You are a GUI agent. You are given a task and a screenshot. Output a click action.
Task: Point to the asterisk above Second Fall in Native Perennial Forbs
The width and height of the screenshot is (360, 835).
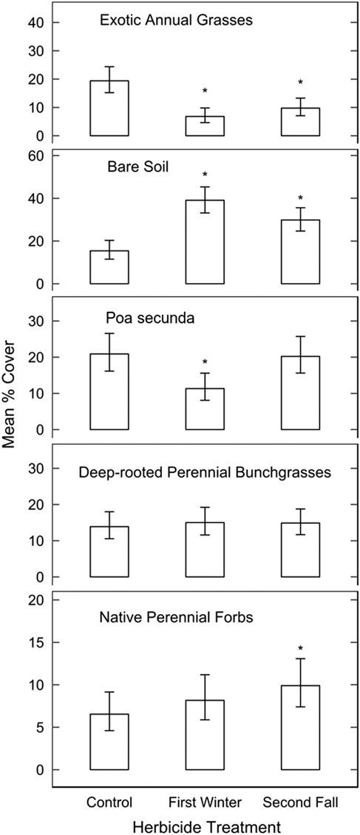pos(300,650)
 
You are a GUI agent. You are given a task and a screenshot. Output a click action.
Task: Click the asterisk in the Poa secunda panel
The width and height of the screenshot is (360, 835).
pos(205,362)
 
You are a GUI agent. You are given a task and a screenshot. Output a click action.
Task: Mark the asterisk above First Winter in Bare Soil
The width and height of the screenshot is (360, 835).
pos(205,175)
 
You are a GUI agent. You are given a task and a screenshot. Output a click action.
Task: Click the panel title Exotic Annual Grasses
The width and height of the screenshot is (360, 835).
pos(177,21)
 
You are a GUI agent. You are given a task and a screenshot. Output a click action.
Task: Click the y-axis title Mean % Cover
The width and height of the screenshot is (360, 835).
pos(16,416)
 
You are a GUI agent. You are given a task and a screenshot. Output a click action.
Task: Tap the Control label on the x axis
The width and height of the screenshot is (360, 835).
pos(109,801)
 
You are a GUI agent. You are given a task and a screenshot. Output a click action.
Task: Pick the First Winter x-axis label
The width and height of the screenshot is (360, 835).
pos(205,801)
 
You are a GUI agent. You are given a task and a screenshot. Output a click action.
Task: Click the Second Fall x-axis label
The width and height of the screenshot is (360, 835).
pos(300,801)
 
